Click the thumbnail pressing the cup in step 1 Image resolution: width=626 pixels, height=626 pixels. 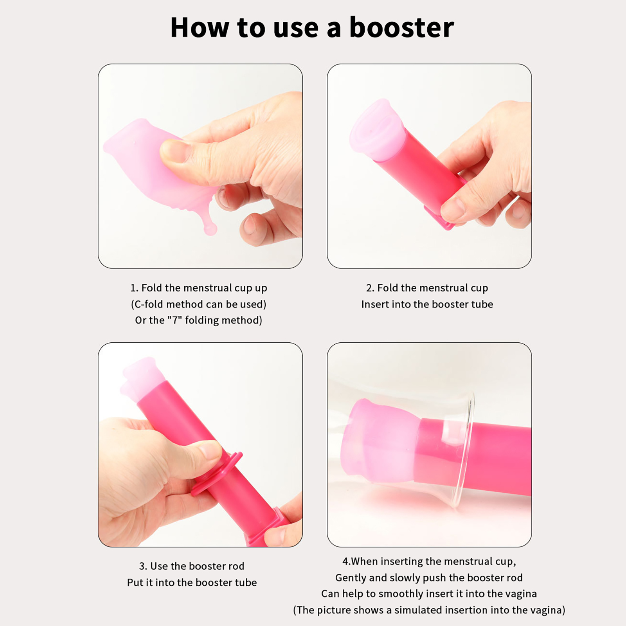pos(175,151)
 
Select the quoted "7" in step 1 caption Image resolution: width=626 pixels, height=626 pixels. pos(174,320)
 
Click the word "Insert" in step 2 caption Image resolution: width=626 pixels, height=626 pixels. pos(375,304)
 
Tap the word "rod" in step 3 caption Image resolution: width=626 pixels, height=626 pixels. pos(236,566)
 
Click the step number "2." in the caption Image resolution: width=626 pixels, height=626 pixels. pos(370,288)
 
